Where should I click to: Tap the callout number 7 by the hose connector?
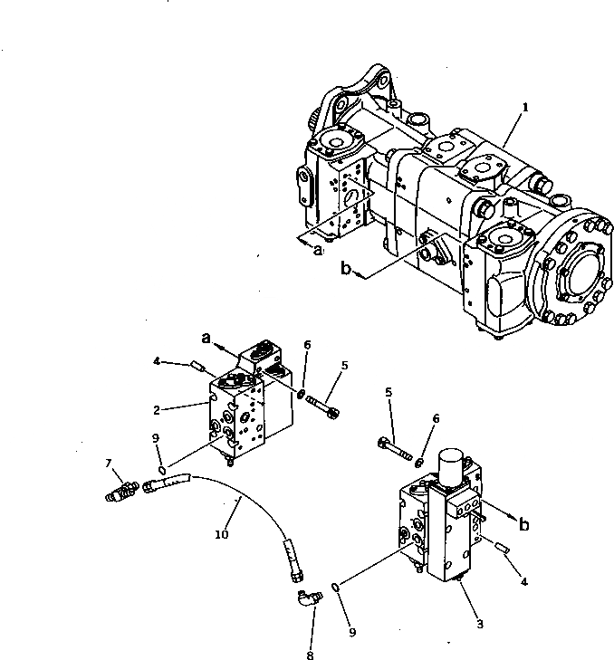(x=109, y=464)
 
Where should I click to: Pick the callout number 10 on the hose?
(x=220, y=535)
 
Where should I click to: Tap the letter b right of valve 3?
(x=523, y=522)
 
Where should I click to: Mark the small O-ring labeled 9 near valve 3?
(x=337, y=587)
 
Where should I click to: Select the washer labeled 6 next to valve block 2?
(x=300, y=393)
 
